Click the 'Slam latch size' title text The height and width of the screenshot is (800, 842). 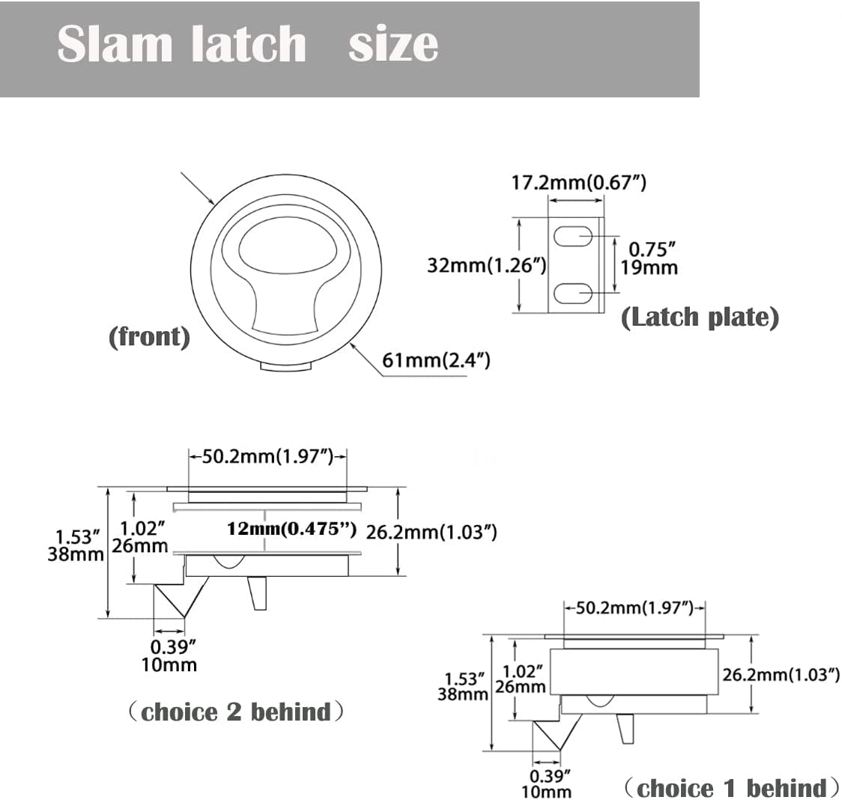click(247, 45)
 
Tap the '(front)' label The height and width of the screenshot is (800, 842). click(149, 336)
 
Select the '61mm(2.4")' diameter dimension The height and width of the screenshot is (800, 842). click(436, 360)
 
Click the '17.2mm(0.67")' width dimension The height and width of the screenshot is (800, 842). click(578, 182)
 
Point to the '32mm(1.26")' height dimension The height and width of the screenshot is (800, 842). click(486, 265)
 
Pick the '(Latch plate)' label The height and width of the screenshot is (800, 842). click(700, 318)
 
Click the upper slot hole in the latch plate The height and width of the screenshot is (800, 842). click(574, 238)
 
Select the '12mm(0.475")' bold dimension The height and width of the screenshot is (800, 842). click(291, 529)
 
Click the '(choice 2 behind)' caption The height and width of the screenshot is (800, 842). click(237, 712)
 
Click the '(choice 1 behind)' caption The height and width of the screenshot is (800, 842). click(730, 788)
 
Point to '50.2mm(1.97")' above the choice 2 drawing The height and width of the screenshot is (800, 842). click(267, 456)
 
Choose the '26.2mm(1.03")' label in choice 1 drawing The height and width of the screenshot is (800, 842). click(780, 674)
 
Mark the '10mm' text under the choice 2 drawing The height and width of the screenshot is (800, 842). click(174, 664)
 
